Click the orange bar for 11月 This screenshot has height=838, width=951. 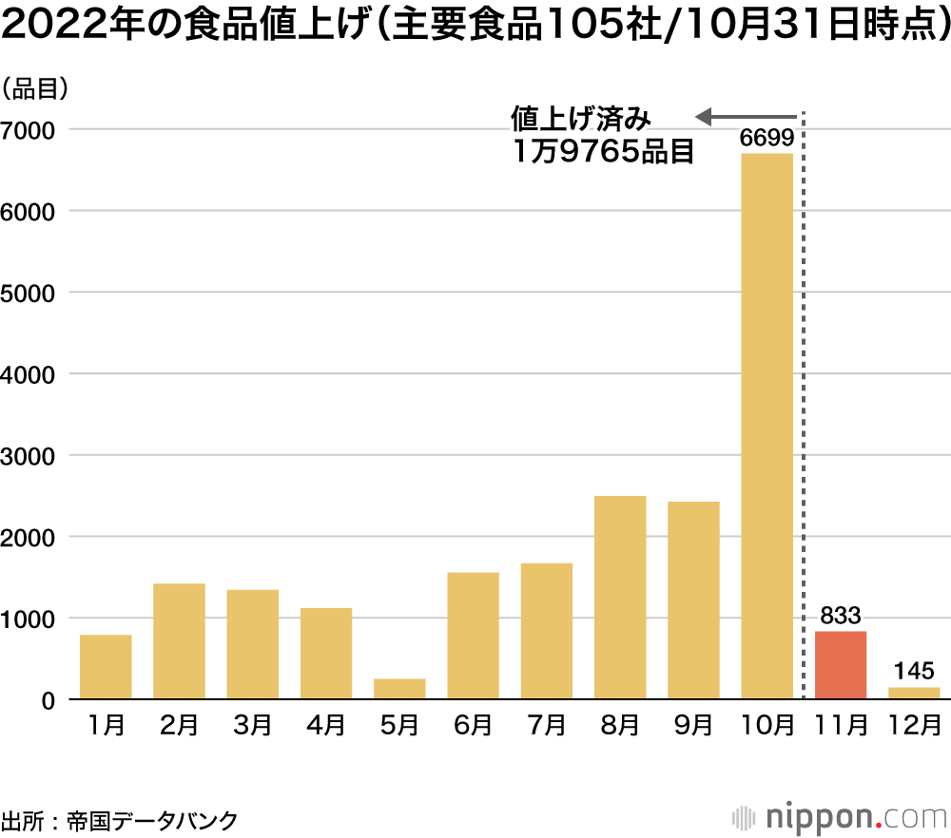click(841, 665)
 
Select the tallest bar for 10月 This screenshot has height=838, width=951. click(767, 428)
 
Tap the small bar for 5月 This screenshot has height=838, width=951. click(399, 689)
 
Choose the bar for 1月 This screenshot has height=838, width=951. click(106, 667)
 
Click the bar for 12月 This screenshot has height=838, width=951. click(914, 694)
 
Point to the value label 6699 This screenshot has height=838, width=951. click(767, 140)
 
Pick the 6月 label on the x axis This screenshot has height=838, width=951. click(473, 726)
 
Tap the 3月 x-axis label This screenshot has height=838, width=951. click(252, 726)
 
